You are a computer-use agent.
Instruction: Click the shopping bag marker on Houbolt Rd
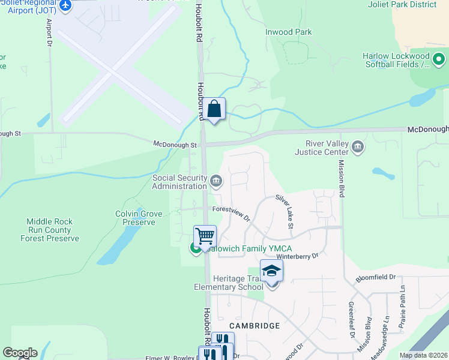pyautogui.click(x=214, y=110)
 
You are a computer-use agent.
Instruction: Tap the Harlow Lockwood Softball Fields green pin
pyautogui.click(x=439, y=59)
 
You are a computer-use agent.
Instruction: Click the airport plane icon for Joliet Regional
pyautogui.click(x=65, y=7)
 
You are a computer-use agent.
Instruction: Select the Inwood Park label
pyautogui.click(x=289, y=32)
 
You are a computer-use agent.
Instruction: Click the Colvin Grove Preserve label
pyautogui.click(x=135, y=218)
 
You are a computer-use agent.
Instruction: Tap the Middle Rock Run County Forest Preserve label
pyautogui.click(x=49, y=230)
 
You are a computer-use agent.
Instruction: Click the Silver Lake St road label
pyautogui.click(x=284, y=211)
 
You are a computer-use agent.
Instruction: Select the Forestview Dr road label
pyautogui.click(x=231, y=213)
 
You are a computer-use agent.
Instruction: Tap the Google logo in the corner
pyautogui.click(x=20, y=353)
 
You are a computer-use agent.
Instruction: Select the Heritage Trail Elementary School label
pyautogui.click(x=228, y=282)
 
